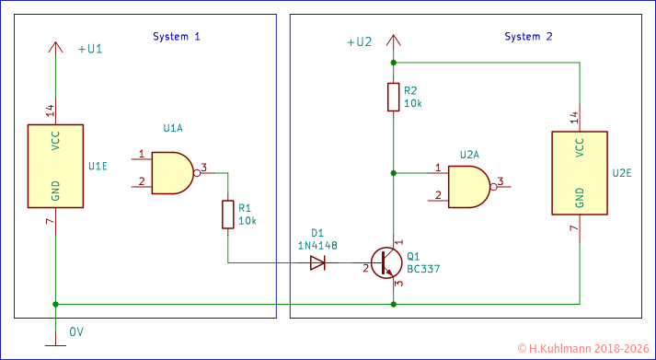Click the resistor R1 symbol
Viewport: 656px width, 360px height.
point(228,215)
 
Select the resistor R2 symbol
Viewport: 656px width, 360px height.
point(394,97)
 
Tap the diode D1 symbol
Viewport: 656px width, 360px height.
point(317,262)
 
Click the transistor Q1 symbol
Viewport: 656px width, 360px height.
point(387,262)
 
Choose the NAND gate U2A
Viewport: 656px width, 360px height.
point(469,187)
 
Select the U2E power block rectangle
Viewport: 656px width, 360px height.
point(579,172)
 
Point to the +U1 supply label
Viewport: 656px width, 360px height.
point(90,49)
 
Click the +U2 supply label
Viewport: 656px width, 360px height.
point(359,42)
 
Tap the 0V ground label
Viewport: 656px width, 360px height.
point(76,331)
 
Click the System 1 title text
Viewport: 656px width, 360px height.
point(176,37)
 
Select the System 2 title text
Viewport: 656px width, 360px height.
point(528,37)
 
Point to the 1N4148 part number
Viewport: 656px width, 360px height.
point(317,245)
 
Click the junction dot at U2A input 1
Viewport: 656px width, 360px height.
point(394,172)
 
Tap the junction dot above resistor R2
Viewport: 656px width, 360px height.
point(394,63)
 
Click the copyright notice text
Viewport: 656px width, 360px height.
point(584,349)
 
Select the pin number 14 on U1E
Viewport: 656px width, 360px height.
point(50,110)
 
